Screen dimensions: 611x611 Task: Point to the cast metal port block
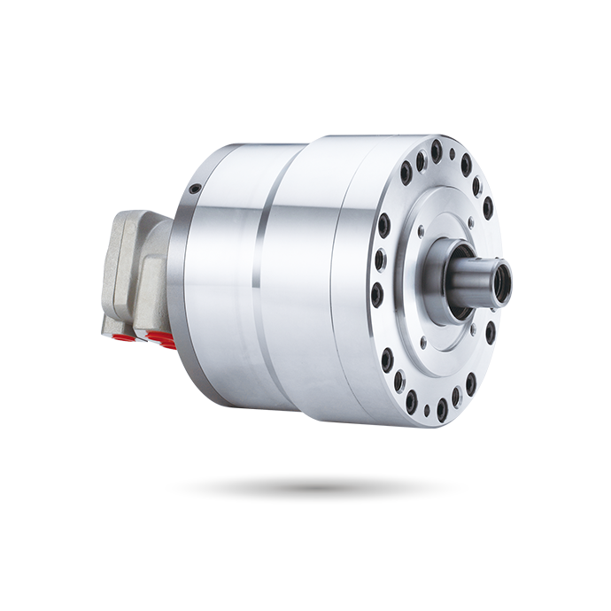(133, 270)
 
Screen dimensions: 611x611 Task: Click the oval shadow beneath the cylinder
(316, 487)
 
